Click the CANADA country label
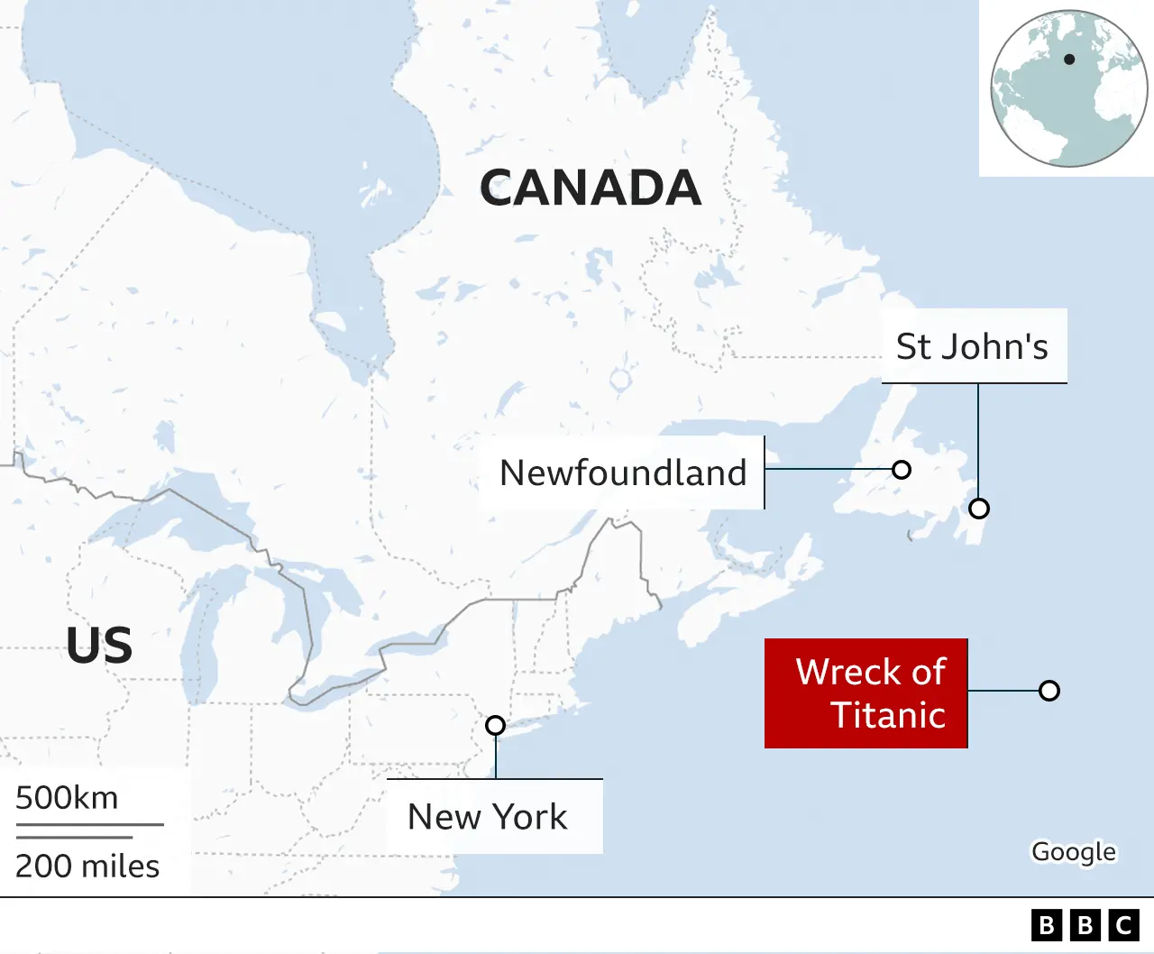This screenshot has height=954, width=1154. click(x=591, y=188)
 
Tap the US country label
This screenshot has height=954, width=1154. click(x=99, y=646)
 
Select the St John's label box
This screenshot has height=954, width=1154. click(x=973, y=346)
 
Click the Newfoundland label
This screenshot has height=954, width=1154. click(x=623, y=472)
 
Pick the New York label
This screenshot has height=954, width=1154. click(x=488, y=817)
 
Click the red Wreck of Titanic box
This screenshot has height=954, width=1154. click(x=865, y=693)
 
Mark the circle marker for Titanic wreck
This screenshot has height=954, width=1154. click(x=1049, y=691)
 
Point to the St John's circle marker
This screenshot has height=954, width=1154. click(x=979, y=509)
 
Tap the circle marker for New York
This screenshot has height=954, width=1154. click(x=495, y=725)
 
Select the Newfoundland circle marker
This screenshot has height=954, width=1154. click(x=901, y=469)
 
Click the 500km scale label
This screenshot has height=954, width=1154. click(x=67, y=798)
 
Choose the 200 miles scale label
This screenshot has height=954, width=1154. click(x=87, y=866)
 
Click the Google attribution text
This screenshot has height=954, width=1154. click(x=1074, y=852)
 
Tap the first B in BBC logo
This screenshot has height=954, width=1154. click(x=1046, y=926)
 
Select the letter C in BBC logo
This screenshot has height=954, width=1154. click(x=1123, y=926)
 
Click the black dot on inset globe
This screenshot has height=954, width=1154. click(x=1069, y=60)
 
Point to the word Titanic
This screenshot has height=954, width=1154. click(x=888, y=715)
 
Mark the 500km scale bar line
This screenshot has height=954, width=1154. click(x=89, y=824)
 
